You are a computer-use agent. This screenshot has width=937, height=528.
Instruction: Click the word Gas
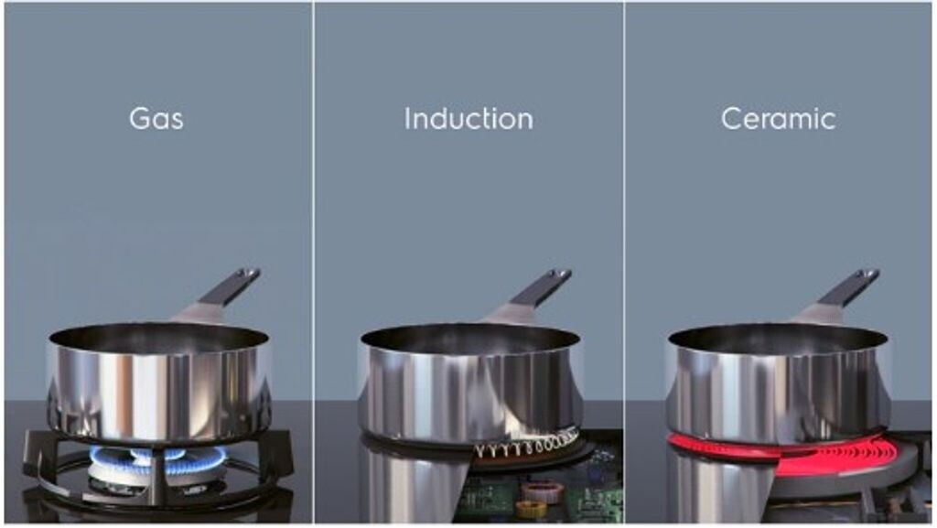click(156, 118)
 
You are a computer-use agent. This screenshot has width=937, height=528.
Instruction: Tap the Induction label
click(468, 118)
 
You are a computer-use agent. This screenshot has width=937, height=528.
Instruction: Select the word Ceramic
click(778, 118)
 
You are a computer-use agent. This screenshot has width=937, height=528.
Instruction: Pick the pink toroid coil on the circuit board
click(542, 492)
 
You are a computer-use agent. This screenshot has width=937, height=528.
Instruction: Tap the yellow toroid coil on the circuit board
click(530, 509)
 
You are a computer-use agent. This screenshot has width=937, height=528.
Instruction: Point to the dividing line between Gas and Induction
click(313, 263)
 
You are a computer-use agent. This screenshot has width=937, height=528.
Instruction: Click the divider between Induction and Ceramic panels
click(624, 263)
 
